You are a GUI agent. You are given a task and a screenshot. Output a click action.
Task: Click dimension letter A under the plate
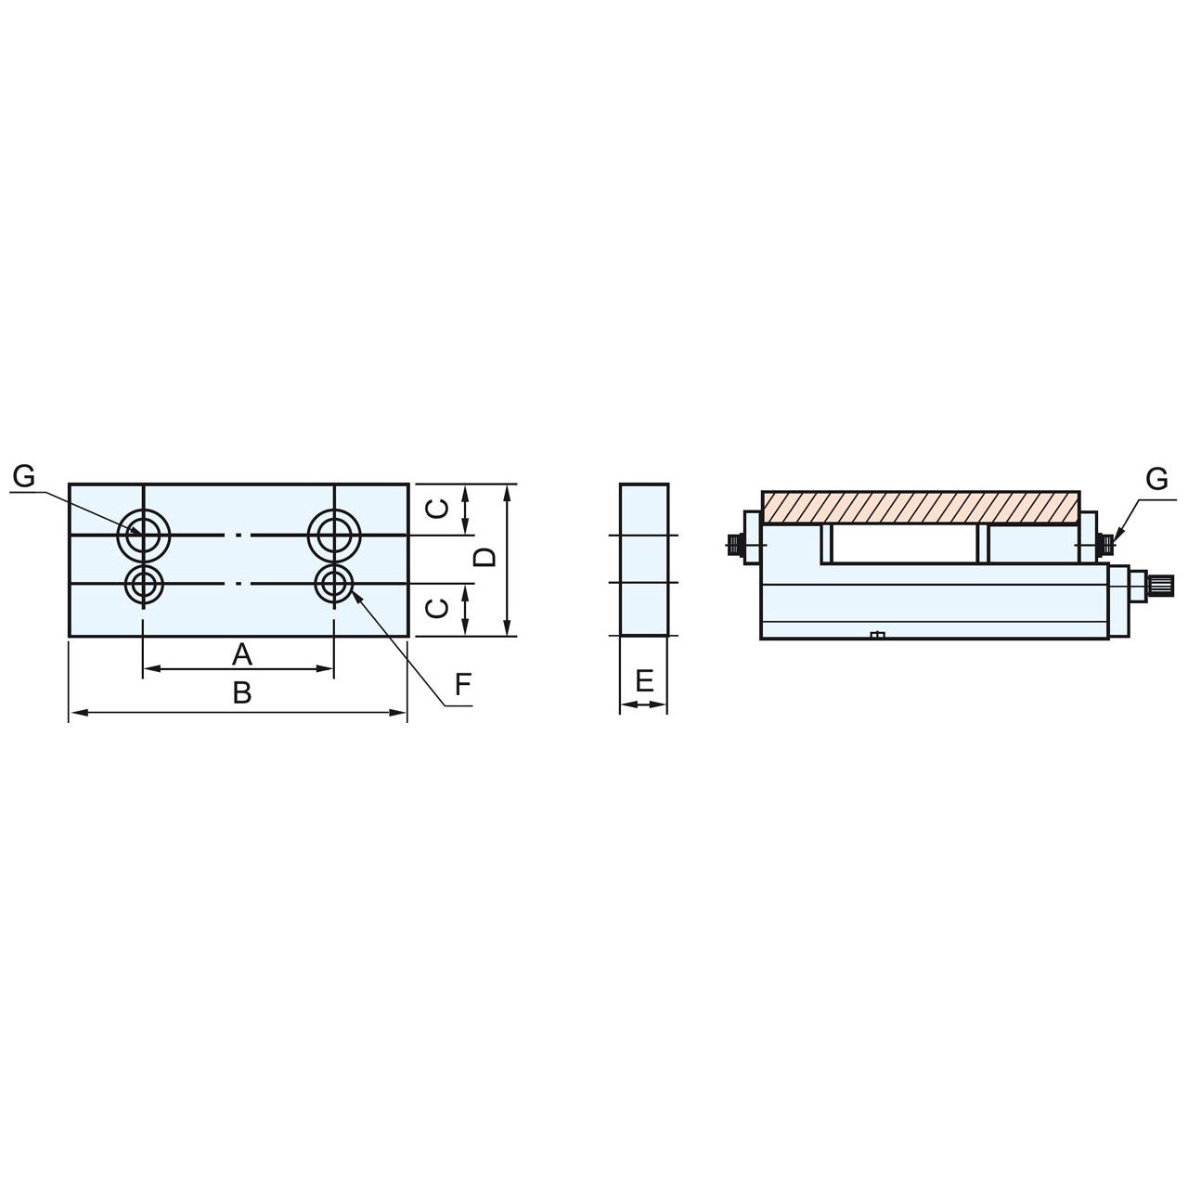click(x=242, y=654)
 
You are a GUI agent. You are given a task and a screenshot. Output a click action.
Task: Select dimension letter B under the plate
click(x=242, y=693)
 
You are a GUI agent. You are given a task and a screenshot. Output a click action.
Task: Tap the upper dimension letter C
click(x=438, y=509)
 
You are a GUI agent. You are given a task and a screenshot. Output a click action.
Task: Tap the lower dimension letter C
click(x=438, y=609)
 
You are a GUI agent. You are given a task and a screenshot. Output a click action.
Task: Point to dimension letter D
click(x=485, y=557)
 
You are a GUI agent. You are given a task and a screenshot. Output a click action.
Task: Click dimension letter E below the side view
click(x=644, y=682)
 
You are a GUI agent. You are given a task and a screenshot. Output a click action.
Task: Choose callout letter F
click(x=463, y=684)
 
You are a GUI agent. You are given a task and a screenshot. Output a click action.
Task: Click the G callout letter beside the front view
click(x=24, y=477)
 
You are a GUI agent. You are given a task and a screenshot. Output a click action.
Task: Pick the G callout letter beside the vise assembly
click(x=1157, y=478)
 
